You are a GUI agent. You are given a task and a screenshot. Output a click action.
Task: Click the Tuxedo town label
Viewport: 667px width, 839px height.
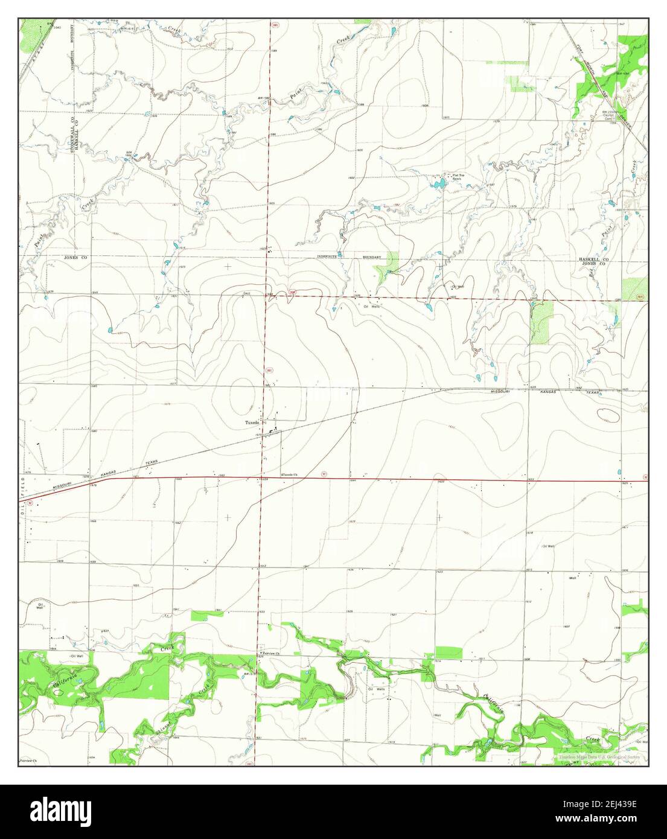tap(252, 423)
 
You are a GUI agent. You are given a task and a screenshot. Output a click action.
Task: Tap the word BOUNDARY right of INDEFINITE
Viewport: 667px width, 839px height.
tap(371, 258)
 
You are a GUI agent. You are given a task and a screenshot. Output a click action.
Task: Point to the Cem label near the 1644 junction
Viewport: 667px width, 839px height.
tap(246, 294)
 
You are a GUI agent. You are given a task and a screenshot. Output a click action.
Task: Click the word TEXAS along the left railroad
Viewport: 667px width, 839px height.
tap(151, 462)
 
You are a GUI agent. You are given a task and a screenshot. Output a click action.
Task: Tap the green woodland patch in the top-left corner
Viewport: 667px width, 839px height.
tap(28, 36)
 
